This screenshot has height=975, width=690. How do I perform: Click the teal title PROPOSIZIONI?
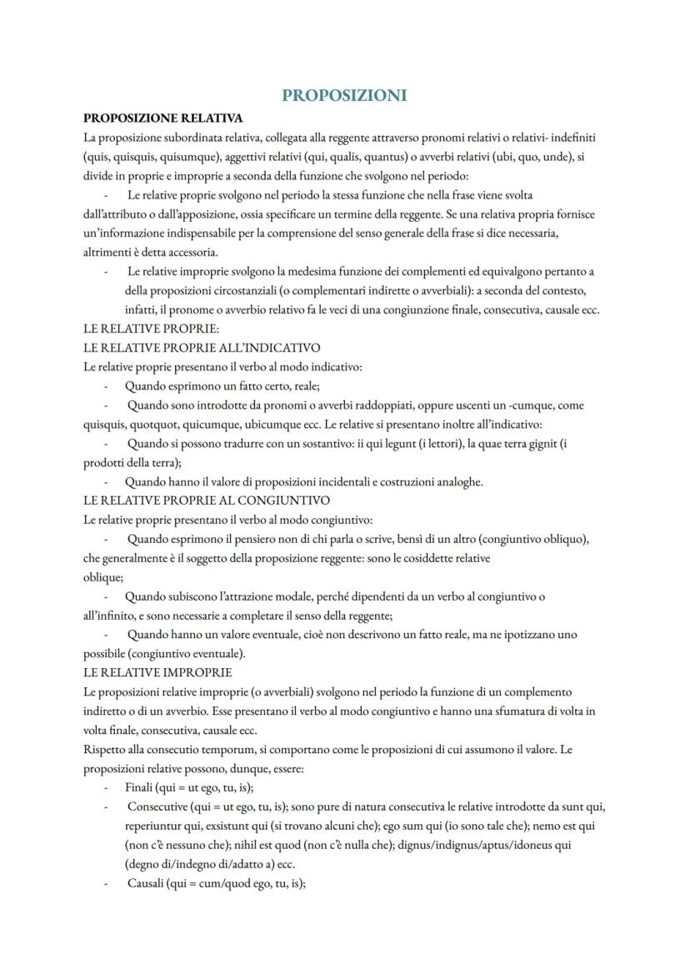344,95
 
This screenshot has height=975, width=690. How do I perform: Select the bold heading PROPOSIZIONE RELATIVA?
162,118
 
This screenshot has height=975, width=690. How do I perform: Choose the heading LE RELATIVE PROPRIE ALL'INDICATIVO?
202,347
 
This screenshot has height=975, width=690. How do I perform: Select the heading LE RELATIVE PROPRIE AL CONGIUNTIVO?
207,500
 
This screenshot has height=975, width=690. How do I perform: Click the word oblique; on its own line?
103,576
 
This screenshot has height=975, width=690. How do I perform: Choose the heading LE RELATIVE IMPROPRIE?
157,672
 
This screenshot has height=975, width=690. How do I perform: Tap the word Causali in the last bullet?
144,883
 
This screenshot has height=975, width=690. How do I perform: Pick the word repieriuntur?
156,826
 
